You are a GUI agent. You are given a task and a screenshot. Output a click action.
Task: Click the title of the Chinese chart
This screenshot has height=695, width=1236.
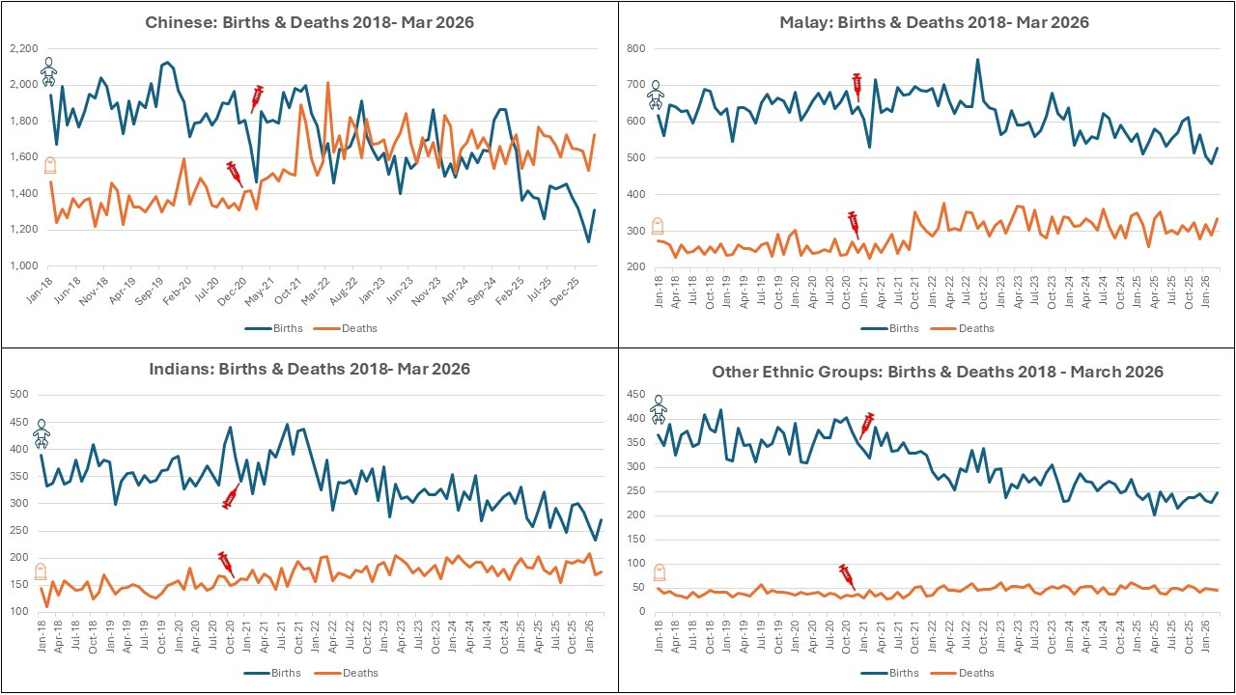coord(309,22)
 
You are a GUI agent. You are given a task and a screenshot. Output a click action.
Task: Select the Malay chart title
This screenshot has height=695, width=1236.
coord(934,22)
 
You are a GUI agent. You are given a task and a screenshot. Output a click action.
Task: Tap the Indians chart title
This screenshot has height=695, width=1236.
coord(309,369)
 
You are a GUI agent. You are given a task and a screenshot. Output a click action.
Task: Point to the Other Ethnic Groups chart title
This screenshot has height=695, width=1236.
coord(938,372)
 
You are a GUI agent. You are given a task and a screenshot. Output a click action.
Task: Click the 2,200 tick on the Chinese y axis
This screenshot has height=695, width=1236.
coord(24,48)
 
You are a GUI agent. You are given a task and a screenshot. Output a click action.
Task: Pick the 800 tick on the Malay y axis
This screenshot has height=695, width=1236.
coord(635,48)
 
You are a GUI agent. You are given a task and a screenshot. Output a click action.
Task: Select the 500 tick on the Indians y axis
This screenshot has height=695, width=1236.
coord(18,395)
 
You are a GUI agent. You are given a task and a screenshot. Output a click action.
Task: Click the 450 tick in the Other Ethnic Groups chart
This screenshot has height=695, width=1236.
coord(635,395)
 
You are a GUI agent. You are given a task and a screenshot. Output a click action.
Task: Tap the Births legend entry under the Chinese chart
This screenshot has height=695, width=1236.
coord(273,328)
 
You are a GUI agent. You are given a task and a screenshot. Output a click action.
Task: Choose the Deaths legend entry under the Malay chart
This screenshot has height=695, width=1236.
coord(963,328)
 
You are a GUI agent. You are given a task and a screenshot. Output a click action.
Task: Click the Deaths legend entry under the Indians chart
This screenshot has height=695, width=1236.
coord(347,673)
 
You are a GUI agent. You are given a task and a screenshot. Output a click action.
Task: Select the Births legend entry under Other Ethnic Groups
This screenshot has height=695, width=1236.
coord(889,673)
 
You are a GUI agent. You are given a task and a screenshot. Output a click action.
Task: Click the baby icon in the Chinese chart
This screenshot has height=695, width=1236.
coord(48,71)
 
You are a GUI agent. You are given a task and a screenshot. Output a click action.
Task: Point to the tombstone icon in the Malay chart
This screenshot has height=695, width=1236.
coord(658,226)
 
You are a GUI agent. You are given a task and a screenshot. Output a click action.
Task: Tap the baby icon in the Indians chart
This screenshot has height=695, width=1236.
coord(41,433)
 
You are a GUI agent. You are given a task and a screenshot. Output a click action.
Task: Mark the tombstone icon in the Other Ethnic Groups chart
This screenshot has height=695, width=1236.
coord(660,572)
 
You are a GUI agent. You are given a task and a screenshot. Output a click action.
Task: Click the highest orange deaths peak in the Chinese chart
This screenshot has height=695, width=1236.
coord(327,83)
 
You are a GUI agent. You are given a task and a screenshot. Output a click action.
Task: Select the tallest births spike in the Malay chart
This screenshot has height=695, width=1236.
coord(977,60)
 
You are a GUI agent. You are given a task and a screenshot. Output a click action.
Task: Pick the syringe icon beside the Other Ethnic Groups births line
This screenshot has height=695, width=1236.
coord(867,426)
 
